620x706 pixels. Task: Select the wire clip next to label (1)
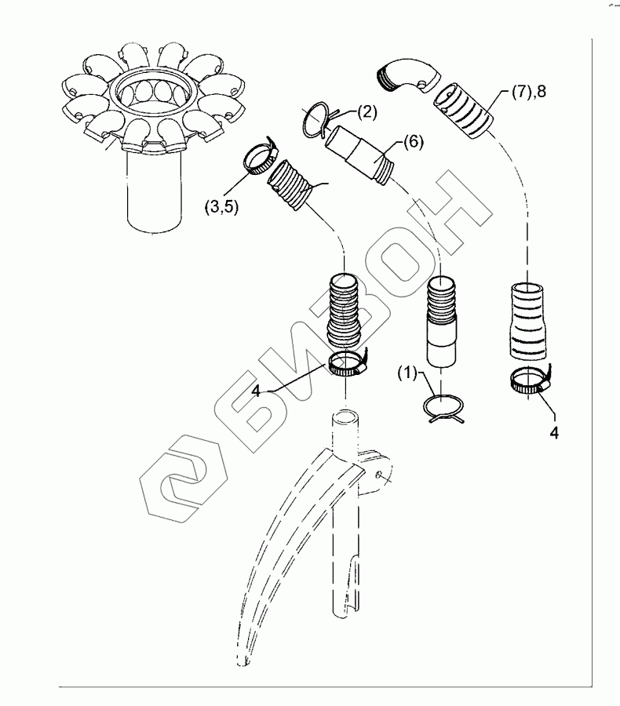coord(443,409)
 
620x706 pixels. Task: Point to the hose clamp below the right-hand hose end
coord(531,381)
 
